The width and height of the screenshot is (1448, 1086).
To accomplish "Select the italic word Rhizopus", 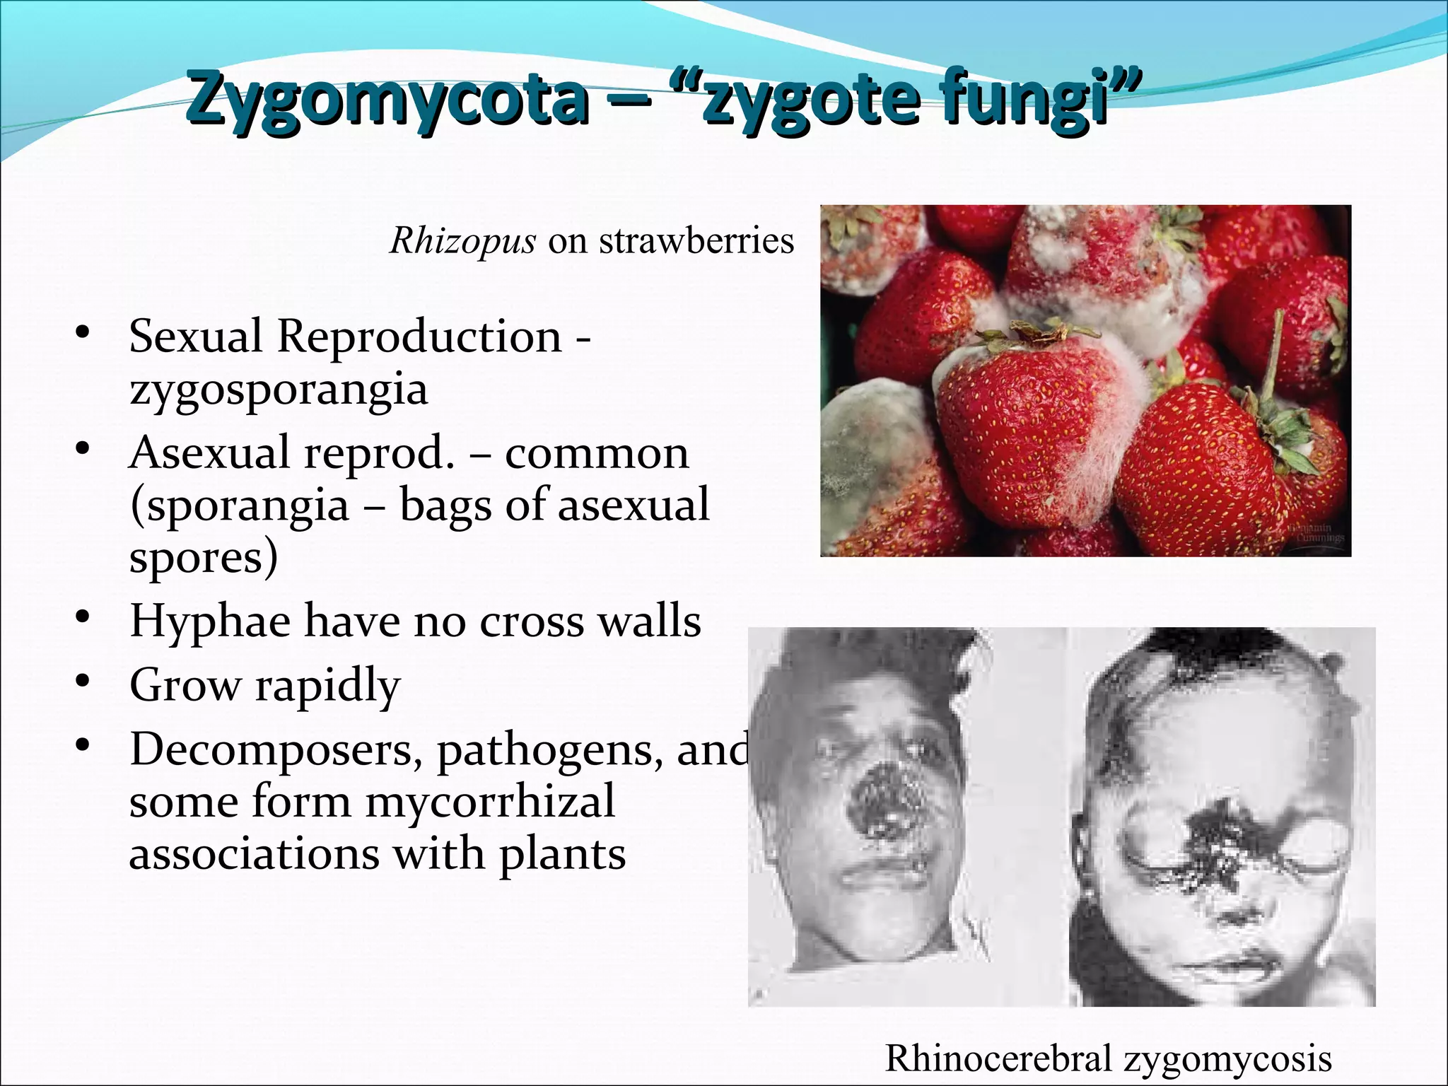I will (463, 242).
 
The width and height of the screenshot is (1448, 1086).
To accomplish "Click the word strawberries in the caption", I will (696, 241).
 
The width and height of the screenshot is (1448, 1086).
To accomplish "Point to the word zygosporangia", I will (279, 390).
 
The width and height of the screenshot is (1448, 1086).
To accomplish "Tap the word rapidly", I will (328, 686).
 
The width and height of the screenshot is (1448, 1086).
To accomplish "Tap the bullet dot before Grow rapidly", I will (83, 681).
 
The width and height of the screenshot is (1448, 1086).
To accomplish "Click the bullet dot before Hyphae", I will (83, 617).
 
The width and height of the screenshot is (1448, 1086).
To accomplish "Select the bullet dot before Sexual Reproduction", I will (83, 332).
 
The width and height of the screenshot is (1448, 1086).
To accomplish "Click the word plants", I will (562, 855).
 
